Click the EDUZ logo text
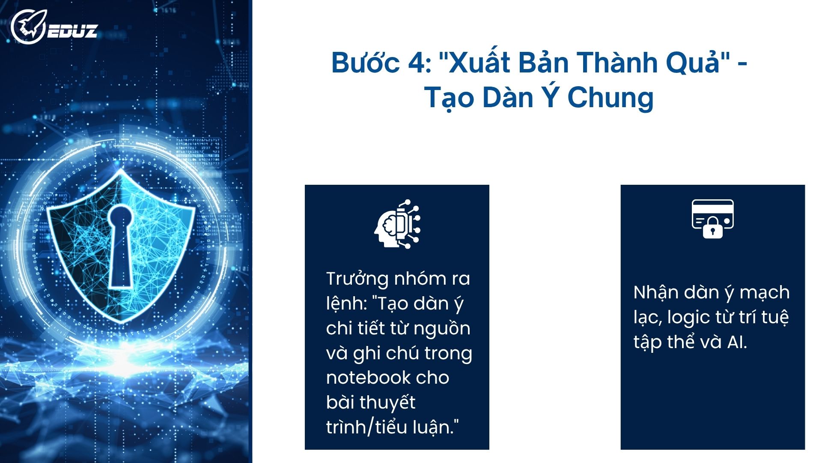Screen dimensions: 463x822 pyautogui.click(x=72, y=31)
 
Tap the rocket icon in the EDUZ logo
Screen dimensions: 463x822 pyautogui.click(x=27, y=27)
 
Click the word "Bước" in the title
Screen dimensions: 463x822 pyautogui.click(x=365, y=63)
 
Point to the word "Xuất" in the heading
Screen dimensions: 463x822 pyautogui.click(x=478, y=63)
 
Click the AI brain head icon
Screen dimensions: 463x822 pyautogui.click(x=397, y=224)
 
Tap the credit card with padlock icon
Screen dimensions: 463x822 pyautogui.click(x=712, y=219)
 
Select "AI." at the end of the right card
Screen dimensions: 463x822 pyautogui.click(x=737, y=342)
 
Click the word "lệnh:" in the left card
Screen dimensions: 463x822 pyautogui.click(x=346, y=304)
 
